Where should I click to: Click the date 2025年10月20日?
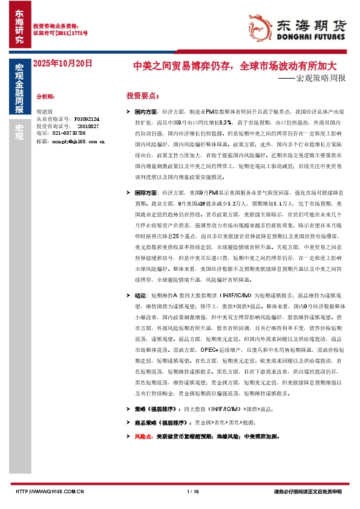62,62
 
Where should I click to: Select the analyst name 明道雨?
45,112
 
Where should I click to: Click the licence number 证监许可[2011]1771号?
60,33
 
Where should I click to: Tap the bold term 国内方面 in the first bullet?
146,112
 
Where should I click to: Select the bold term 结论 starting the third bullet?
140,296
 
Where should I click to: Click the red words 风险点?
143,435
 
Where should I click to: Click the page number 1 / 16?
194,491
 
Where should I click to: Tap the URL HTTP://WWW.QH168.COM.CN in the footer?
49,491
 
